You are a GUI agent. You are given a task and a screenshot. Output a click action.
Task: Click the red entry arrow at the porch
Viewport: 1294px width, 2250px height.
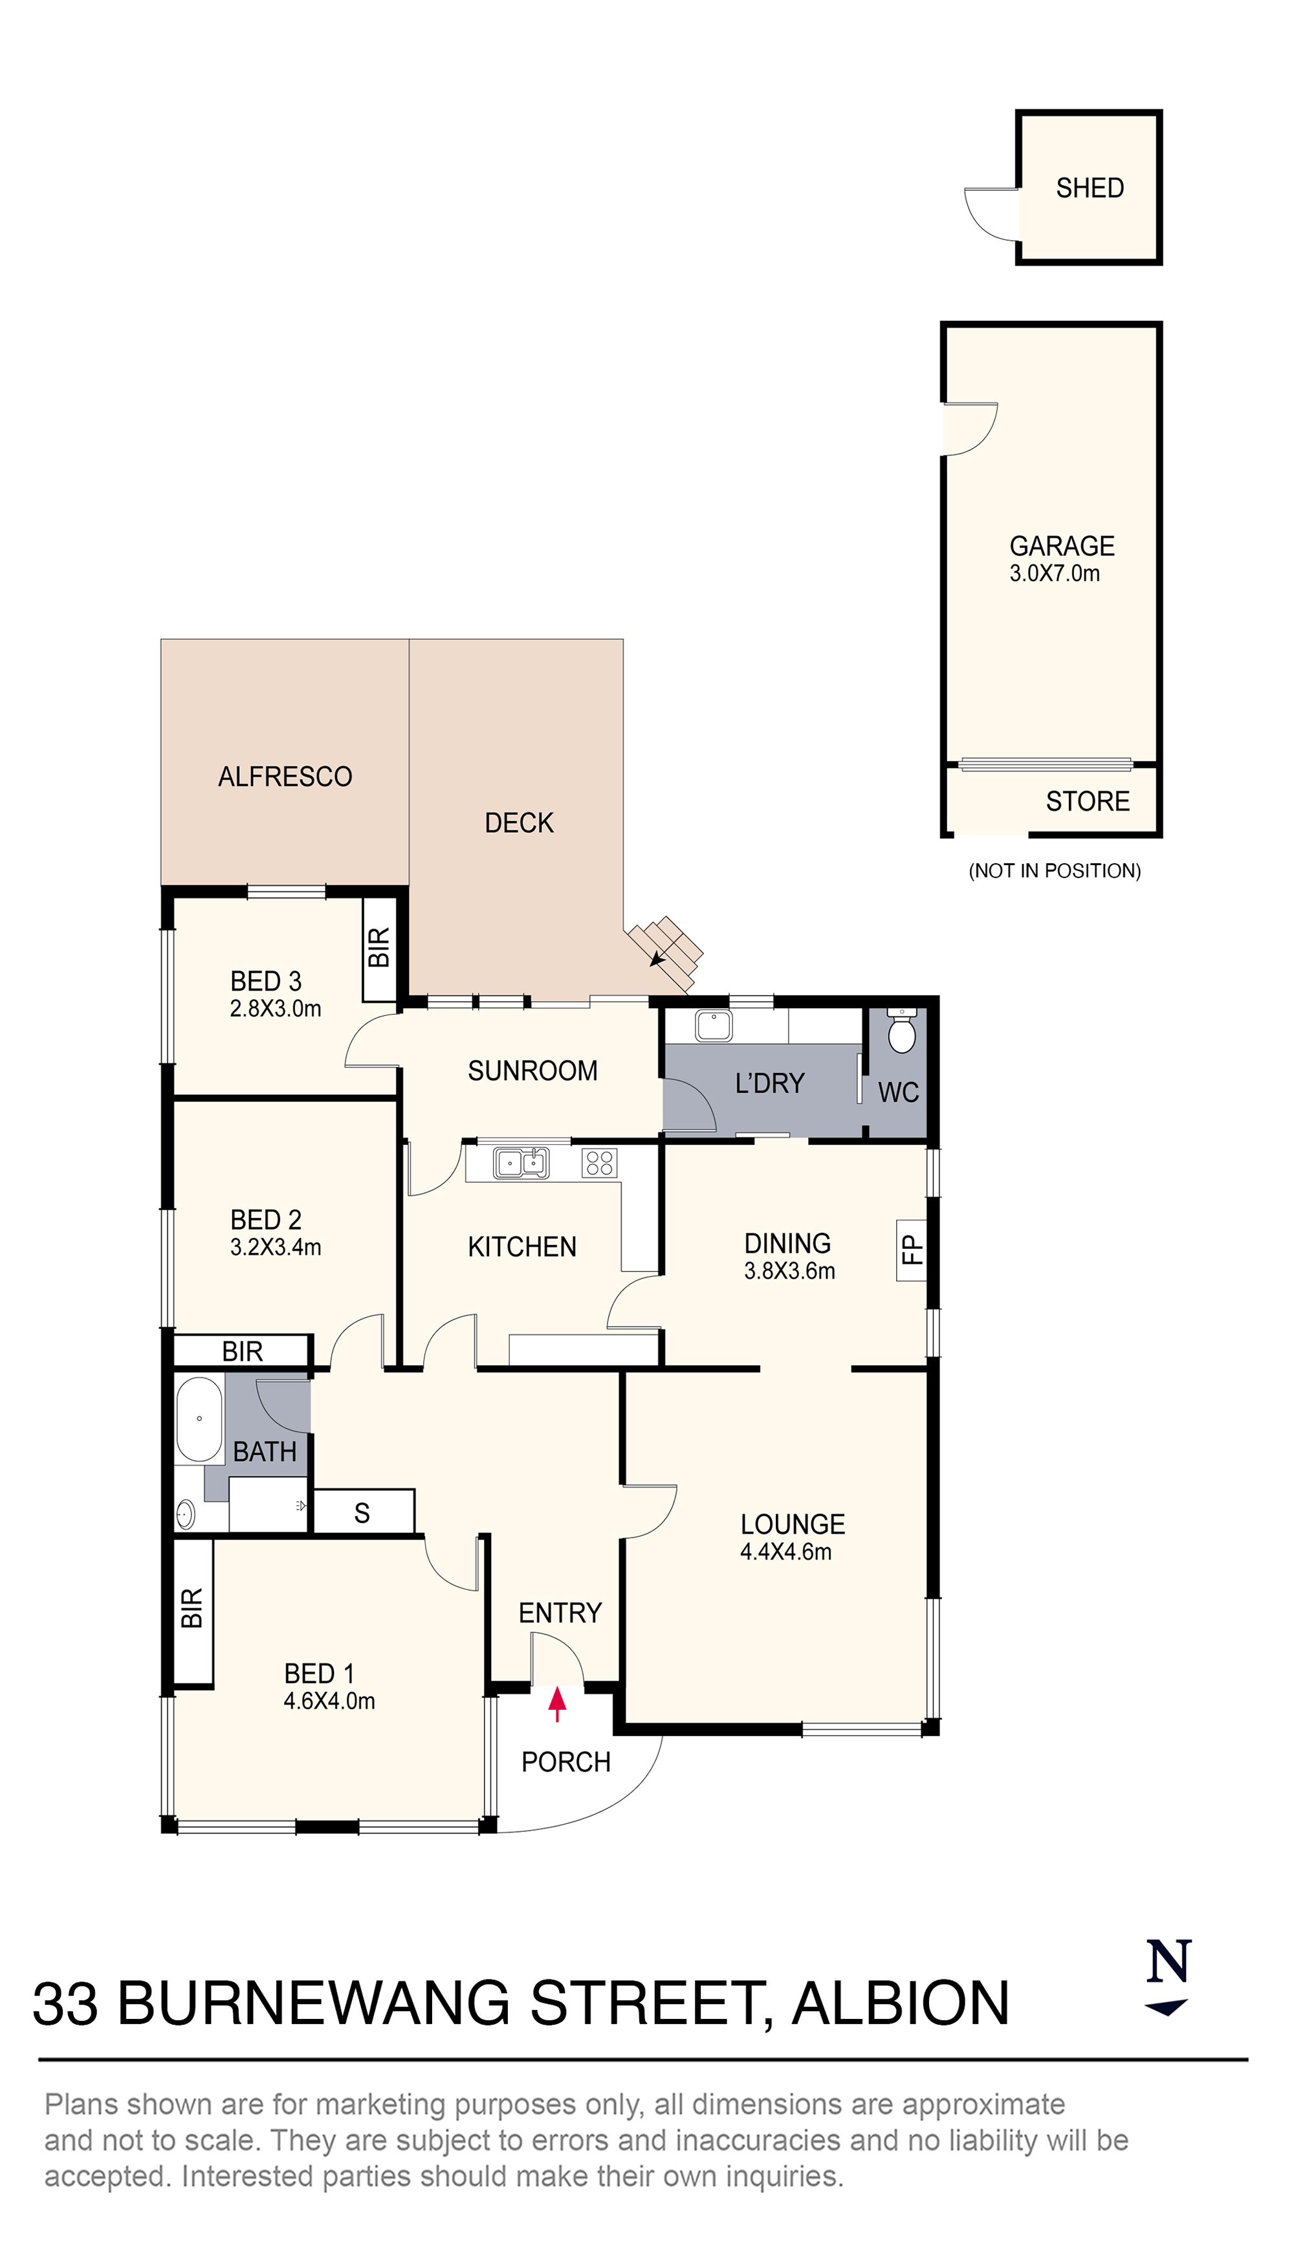click(557, 1703)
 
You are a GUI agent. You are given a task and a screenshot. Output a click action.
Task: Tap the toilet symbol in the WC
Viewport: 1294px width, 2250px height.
click(901, 1031)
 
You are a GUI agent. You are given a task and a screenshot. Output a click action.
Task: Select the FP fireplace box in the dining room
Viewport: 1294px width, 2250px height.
click(912, 1250)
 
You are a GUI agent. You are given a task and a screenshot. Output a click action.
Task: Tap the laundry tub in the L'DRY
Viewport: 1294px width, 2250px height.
click(714, 1026)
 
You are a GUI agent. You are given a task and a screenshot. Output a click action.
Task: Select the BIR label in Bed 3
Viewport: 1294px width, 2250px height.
click(378, 947)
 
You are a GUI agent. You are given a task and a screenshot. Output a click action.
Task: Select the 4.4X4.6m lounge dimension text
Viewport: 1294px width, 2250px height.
click(785, 1552)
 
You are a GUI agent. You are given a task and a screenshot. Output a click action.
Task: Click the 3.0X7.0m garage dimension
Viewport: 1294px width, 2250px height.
click(1054, 574)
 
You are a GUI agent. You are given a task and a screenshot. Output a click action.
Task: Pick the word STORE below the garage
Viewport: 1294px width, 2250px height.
click(1087, 802)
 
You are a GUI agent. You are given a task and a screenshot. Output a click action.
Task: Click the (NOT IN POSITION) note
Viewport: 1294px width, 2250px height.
click(1054, 871)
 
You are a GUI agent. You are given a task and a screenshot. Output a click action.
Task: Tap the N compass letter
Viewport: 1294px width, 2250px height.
click(1168, 1962)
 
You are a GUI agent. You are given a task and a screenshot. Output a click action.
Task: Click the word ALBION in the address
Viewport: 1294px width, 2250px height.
click(900, 2005)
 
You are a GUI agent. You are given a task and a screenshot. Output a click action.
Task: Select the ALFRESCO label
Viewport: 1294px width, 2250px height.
click(285, 777)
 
